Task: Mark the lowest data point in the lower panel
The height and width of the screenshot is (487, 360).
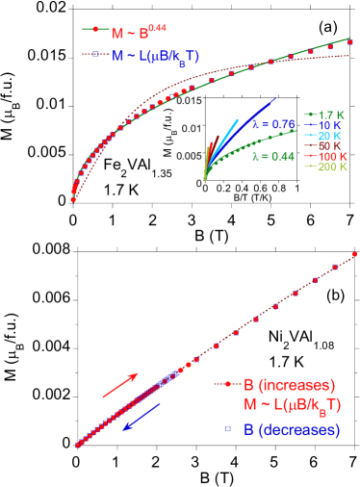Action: tap(78, 445)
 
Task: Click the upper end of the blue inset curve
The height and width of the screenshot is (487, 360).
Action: tap(275, 99)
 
